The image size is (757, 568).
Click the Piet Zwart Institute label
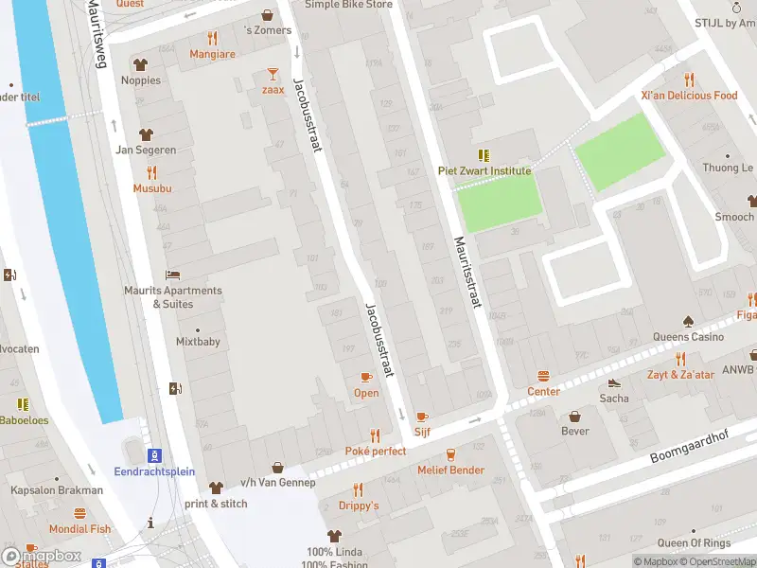click(484, 171)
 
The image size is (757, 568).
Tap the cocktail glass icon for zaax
click(273, 73)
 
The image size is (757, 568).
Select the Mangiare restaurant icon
click(212, 39)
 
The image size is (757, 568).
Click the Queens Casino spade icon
click(688, 321)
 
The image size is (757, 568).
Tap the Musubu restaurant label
click(151, 188)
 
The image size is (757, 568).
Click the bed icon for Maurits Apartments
click(172, 275)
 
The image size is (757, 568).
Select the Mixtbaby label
click(198, 342)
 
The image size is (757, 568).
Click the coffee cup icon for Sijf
click(422, 416)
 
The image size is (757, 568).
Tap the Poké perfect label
click(376, 452)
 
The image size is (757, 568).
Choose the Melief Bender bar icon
click(450, 454)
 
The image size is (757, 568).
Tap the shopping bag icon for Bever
click(574, 416)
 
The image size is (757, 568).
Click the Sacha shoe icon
click(614, 383)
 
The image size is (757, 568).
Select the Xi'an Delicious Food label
click(688, 96)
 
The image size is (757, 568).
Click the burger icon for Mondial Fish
click(79, 513)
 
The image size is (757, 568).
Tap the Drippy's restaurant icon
click(358, 489)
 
